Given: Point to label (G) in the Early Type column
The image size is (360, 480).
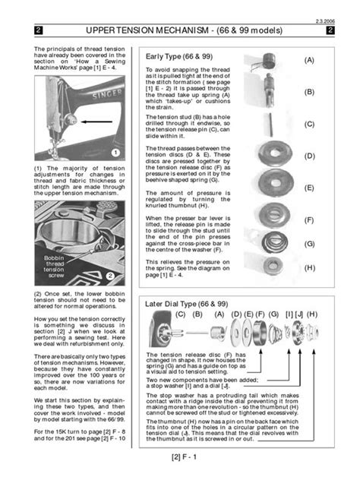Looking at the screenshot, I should point(309,244).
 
